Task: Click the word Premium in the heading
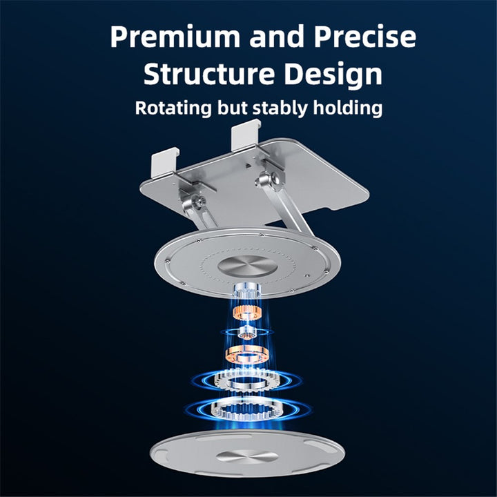175,37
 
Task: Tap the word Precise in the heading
365,37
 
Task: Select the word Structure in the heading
209,74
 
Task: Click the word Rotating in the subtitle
173,108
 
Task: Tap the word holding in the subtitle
348,108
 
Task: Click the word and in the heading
277,37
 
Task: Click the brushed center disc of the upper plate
248,266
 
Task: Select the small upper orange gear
247,313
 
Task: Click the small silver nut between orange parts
247,333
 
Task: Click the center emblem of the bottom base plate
248,456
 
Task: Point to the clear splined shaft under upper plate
247,291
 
